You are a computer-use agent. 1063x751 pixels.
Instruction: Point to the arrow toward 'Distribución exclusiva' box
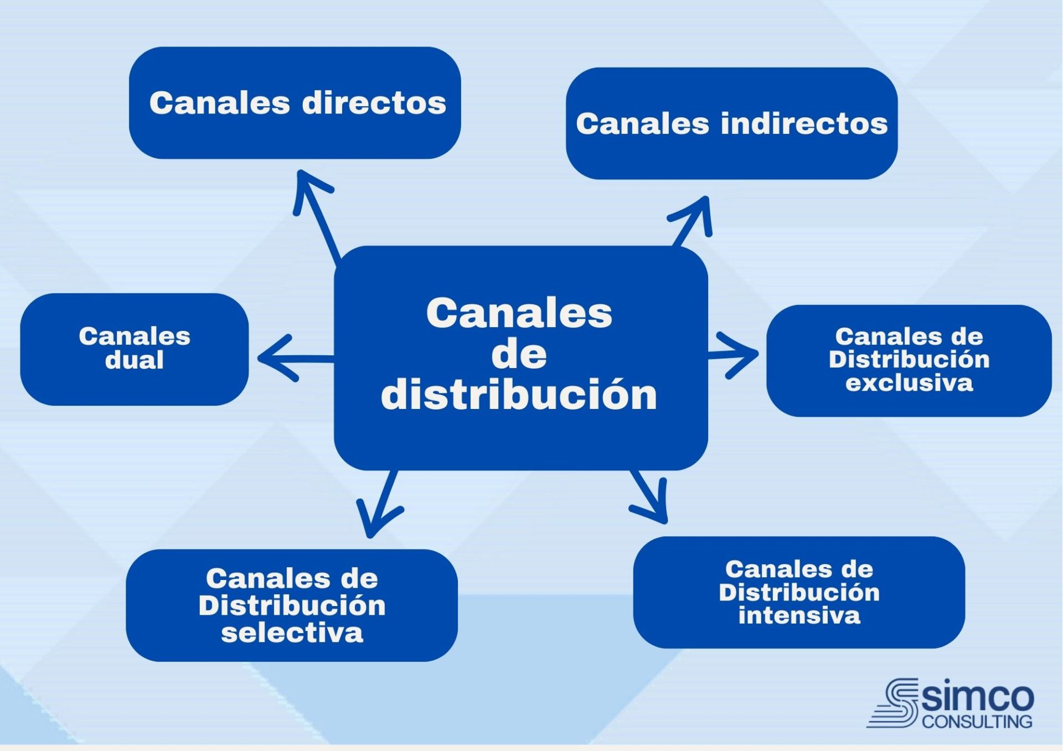[734, 355]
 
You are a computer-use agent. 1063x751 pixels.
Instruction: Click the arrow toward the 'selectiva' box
[379, 504]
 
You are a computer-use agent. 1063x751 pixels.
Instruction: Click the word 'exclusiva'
[909, 383]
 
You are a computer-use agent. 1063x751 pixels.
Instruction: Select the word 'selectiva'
[292, 633]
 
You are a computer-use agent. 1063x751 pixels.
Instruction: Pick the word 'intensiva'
[799, 615]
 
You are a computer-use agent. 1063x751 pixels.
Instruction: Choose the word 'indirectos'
[804, 123]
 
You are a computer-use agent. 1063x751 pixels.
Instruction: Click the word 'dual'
[135, 360]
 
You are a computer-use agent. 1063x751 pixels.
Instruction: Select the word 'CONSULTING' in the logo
[977, 722]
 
